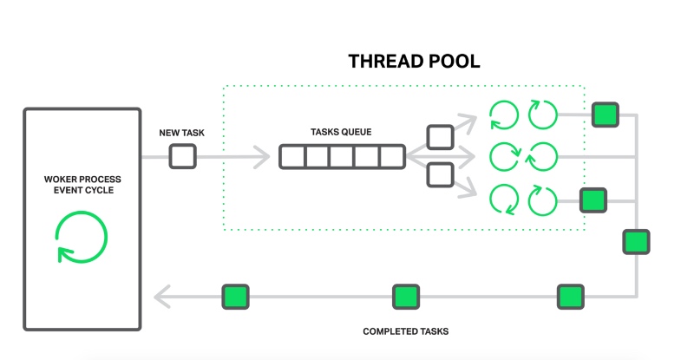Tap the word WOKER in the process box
[x=64, y=180]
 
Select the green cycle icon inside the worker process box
[x=82, y=236]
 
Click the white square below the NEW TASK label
[x=182, y=156]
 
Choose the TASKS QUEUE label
[x=341, y=133]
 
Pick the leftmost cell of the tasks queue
[x=292, y=157]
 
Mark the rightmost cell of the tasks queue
[x=393, y=157]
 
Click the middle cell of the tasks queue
[x=343, y=157]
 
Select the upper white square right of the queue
[x=441, y=137]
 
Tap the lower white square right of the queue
[x=441, y=175]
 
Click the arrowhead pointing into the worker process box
[x=162, y=298]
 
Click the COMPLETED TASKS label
[x=405, y=331]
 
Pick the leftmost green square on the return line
[x=235, y=297]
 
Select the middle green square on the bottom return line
[x=406, y=297]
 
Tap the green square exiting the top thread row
[x=605, y=115]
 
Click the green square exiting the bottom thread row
[x=593, y=200]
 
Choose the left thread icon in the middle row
[x=504, y=157]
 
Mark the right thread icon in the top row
[x=543, y=115]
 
